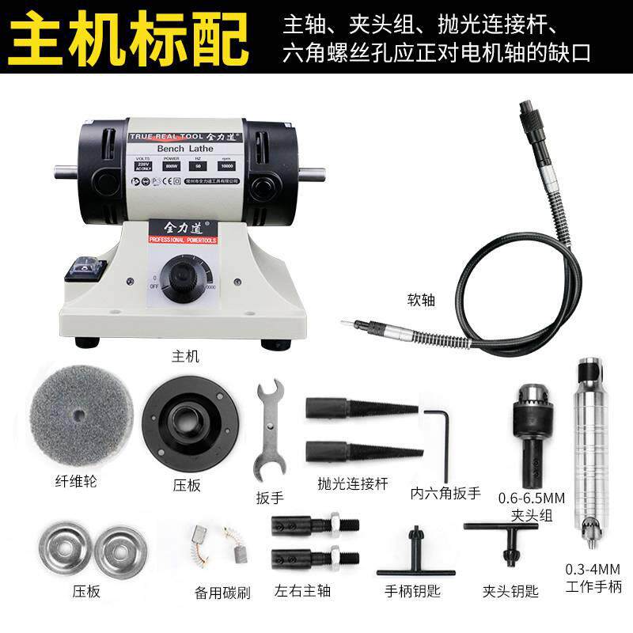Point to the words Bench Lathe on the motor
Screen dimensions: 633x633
181,148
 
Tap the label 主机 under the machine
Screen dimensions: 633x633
184,356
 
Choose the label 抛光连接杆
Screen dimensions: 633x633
352,483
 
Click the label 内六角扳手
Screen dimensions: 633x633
445,492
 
